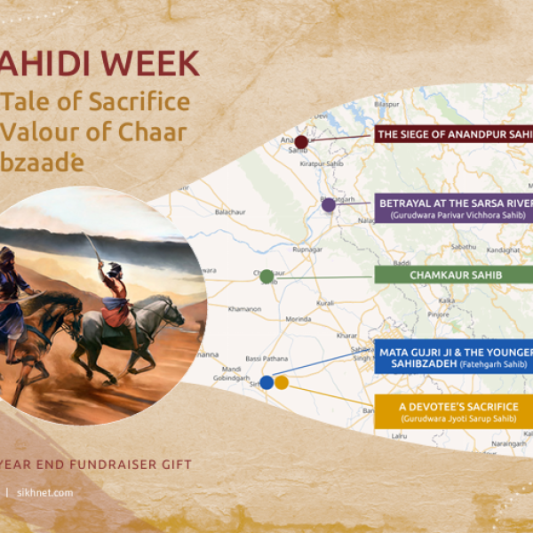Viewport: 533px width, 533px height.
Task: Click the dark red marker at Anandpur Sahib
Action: click(301, 142)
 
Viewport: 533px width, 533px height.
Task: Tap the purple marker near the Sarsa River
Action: click(329, 205)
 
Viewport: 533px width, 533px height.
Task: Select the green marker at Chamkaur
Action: click(266, 276)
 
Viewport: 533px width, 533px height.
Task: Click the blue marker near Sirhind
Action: click(266, 383)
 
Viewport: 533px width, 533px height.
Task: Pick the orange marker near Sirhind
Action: click(282, 383)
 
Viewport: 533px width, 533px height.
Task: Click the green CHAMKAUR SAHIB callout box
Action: click(454, 275)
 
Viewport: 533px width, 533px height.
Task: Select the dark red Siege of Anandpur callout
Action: click(453, 135)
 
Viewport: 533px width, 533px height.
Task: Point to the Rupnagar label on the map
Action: click(308, 251)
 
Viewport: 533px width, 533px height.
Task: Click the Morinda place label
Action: click(298, 321)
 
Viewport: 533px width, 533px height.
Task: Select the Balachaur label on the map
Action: click(229, 212)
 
